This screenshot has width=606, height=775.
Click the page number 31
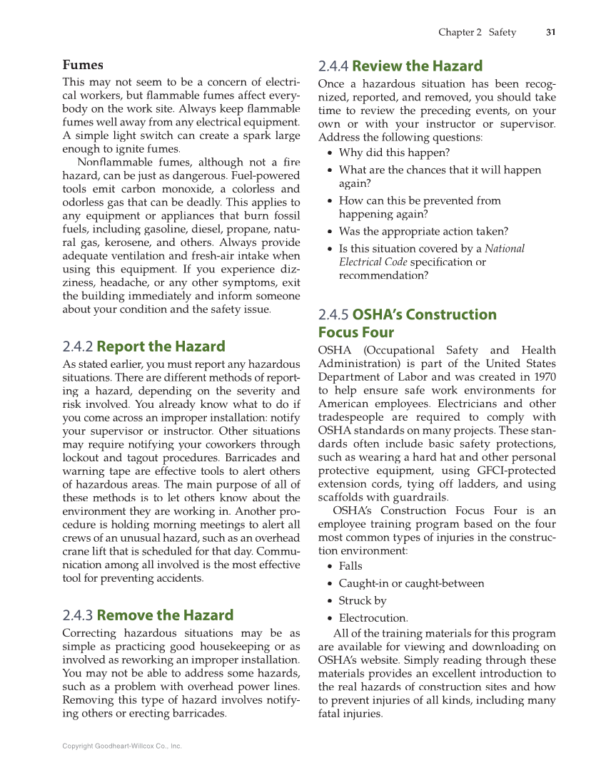pyautogui.click(x=550, y=32)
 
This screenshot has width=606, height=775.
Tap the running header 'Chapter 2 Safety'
pyautogui.click(x=477, y=32)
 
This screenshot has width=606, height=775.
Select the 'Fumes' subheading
pyautogui.click(x=83, y=65)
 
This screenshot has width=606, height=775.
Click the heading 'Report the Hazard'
pyautogui.click(x=161, y=347)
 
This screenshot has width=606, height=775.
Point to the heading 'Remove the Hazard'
pyautogui.click(x=165, y=615)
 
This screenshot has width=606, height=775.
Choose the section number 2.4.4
pyautogui.click(x=333, y=66)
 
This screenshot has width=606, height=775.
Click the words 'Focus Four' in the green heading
pyautogui.click(x=355, y=332)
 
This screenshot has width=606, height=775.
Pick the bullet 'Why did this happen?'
pyautogui.click(x=394, y=153)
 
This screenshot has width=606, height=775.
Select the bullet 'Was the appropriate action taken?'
pyautogui.click(x=423, y=231)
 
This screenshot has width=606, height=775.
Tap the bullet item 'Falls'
pyautogui.click(x=350, y=566)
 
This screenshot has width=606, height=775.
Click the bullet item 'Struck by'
pyautogui.click(x=363, y=600)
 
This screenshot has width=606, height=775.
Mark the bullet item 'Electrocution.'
pyautogui.click(x=373, y=618)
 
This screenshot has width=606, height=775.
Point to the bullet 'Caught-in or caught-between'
pyautogui.click(x=411, y=583)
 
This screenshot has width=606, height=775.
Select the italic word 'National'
pyautogui.click(x=505, y=249)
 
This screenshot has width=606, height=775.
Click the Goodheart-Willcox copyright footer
pyautogui.click(x=122, y=746)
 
